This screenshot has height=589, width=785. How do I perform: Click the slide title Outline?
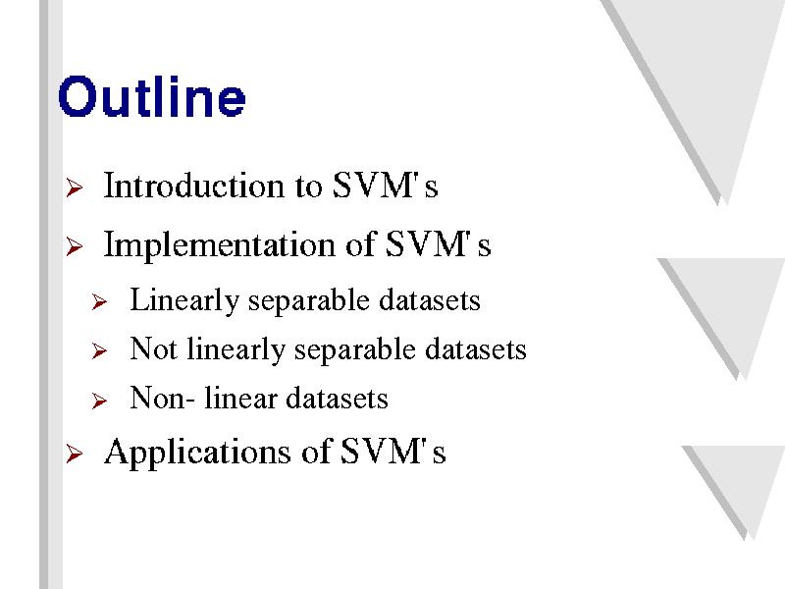pyautogui.click(x=152, y=96)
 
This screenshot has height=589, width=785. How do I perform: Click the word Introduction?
pyautogui.click(x=193, y=186)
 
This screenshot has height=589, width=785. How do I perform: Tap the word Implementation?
pyautogui.click(x=219, y=244)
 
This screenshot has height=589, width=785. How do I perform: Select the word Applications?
pyautogui.click(x=197, y=453)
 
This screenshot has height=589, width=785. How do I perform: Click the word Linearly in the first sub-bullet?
pyautogui.click(x=184, y=300)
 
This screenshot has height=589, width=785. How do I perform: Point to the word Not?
pyautogui.click(x=153, y=348)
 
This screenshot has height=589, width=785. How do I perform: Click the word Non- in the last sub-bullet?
pyautogui.click(x=162, y=399)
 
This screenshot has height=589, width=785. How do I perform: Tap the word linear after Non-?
pyautogui.click(x=240, y=399)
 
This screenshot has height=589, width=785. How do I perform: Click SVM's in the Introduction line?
pyautogui.click(x=385, y=186)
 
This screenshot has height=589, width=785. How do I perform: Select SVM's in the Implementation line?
pyautogui.click(x=438, y=243)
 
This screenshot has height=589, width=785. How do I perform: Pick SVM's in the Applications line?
pyautogui.click(x=393, y=452)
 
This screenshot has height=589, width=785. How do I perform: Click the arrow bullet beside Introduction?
pyautogui.click(x=75, y=187)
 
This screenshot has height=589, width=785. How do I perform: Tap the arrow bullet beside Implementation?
pyautogui.click(x=75, y=246)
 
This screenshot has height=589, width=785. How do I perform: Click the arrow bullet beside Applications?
pyautogui.click(x=75, y=454)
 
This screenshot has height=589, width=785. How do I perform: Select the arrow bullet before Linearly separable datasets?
pyautogui.click(x=100, y=302)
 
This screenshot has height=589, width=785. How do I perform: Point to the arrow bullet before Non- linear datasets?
pyautogui.click(x=100, y=401)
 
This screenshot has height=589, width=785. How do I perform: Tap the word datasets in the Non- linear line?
pyautogui.click(x=337, y=399)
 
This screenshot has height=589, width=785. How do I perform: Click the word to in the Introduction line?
pyautogui.click(x=308, y=187)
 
